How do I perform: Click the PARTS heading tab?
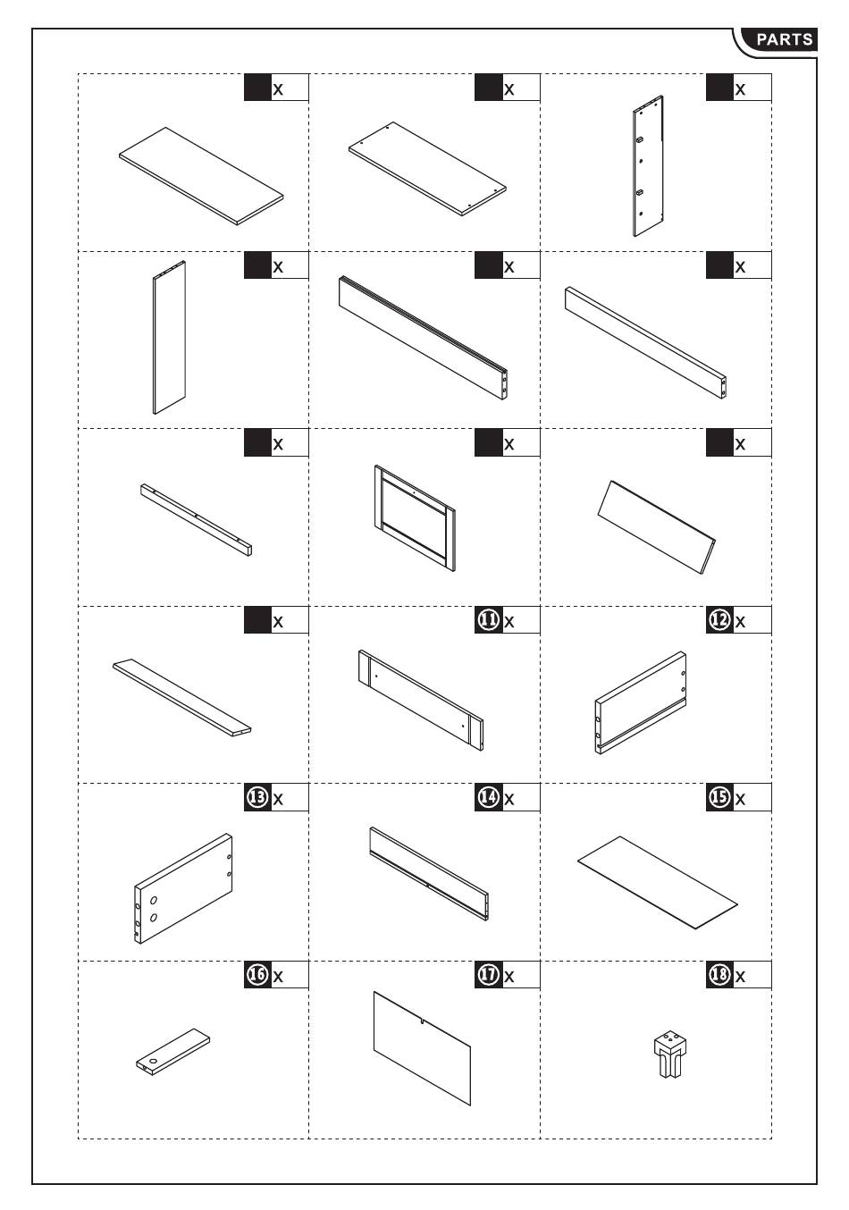[x=784, y=39]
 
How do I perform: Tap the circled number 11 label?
[x=488, y=620]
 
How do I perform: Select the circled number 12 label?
[x=719, y=620]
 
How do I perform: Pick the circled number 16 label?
[x=257, y=975]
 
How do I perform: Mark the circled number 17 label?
[x=488, y=975]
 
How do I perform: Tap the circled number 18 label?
[x=719, y=975]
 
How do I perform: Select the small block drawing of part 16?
[x=173, y=1052]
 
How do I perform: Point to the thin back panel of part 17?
[x=422, y=1047]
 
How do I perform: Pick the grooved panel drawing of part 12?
[x=641, y=703]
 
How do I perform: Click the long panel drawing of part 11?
[x=420, y=698]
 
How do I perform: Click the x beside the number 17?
[x=509, y=977]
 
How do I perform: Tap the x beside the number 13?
[x=278, y=799]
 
